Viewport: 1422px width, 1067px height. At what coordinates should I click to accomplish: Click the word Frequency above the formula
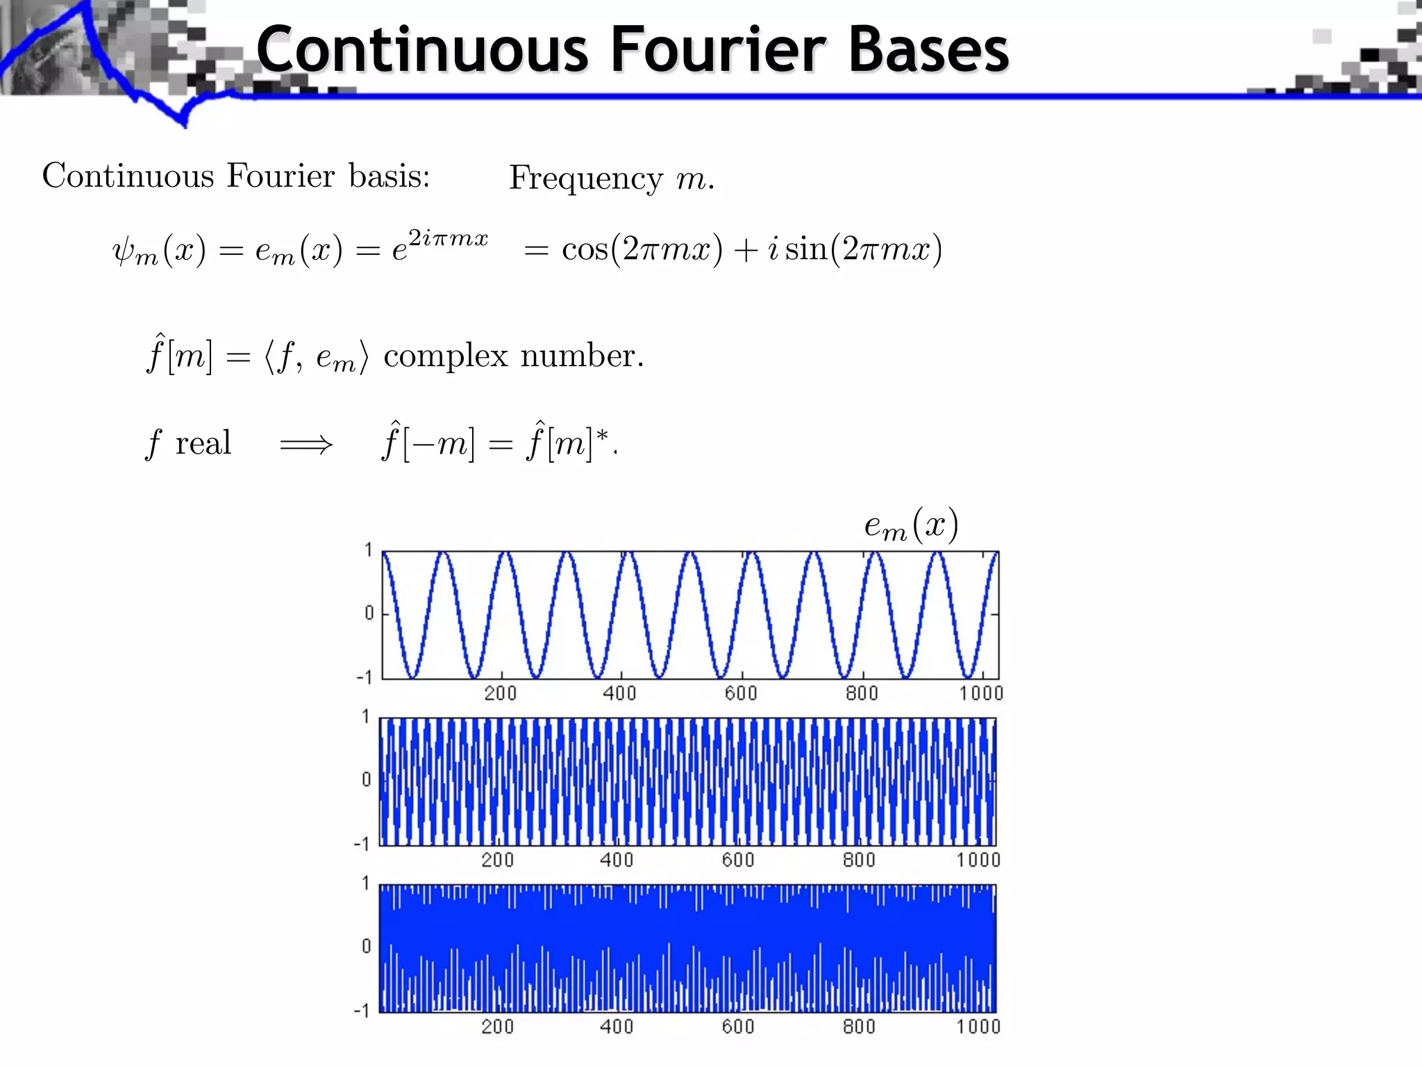[586, 179]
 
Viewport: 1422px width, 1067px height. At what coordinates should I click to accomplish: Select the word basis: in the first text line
[389, 176]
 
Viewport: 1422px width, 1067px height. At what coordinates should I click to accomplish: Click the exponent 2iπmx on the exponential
[448, 238]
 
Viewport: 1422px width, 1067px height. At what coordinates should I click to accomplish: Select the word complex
[446, 356]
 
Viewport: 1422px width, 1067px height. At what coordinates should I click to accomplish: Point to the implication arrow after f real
[306, 445]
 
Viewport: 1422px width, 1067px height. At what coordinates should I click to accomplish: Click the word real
[203, 443]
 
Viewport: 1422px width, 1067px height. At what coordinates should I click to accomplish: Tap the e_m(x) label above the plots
[911, 526]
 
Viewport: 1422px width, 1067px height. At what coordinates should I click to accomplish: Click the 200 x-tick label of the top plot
[501, 693]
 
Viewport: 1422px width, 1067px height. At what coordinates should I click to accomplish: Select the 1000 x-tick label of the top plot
[981, 693]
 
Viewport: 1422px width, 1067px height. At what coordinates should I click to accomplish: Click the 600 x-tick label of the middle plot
[737, 860]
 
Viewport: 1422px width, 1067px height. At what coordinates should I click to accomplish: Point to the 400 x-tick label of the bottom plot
[617, 1027]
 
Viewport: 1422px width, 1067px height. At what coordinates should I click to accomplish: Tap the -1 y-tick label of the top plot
[364, 677]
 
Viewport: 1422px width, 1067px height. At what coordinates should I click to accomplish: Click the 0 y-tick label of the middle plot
[367, 779]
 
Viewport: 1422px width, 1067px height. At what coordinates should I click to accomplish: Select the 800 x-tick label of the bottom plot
[859, 1027]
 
